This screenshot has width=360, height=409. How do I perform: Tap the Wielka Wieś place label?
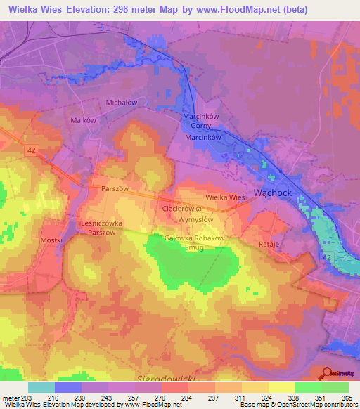point(225,198)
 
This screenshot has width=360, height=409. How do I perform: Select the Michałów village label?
point(120,103)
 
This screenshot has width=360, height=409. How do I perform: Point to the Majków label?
point(83,120)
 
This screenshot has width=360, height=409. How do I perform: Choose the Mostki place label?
point(51,240)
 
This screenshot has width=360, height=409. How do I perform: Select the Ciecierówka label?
point(182,209)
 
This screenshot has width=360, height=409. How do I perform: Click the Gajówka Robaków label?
point(193,238)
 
